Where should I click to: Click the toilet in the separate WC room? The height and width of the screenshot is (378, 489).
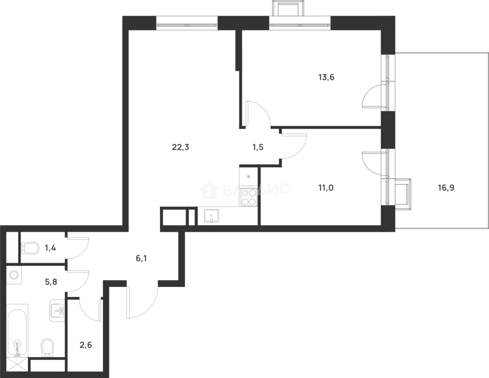30,248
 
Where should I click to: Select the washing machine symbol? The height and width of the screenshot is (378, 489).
14,276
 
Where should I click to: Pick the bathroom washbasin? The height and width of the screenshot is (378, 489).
57,311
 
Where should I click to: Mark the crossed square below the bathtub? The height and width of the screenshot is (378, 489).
17,364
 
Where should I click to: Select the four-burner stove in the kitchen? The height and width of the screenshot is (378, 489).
248,197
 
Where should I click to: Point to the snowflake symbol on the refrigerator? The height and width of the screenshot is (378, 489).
248,176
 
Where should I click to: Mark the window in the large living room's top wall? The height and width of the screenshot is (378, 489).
187,23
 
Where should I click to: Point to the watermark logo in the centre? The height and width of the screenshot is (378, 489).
244,190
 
